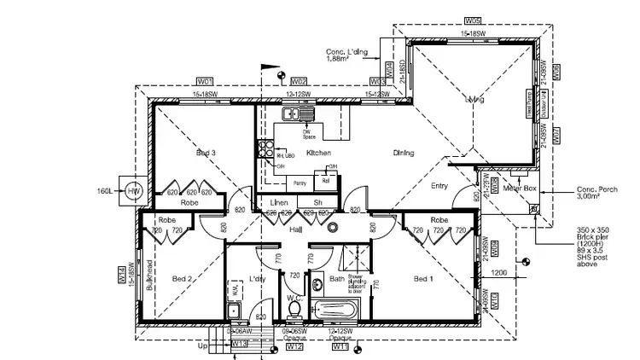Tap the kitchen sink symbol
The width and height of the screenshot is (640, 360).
point(297,113)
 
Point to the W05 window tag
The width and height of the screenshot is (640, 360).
point(473,19)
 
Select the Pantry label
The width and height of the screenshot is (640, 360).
point(299,183)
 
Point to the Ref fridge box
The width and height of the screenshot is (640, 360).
point(326,180)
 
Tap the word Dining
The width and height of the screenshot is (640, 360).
point(404,154)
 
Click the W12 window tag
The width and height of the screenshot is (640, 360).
point(294,347)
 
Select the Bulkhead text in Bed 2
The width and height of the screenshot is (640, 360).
point(149,274)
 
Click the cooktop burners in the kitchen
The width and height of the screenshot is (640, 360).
point(265,150)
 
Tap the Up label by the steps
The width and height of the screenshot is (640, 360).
point(201,348)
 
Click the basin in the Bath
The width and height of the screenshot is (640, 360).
point(316,285)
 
